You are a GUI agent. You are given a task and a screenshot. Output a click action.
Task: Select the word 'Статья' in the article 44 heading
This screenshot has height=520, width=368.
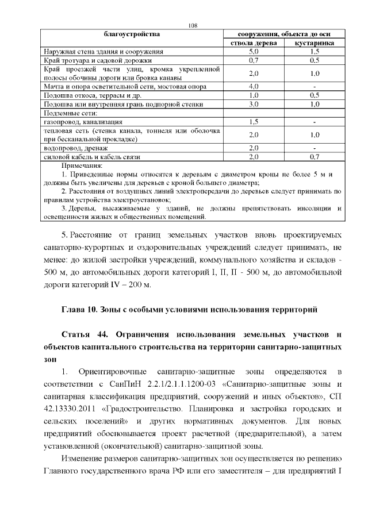78,334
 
